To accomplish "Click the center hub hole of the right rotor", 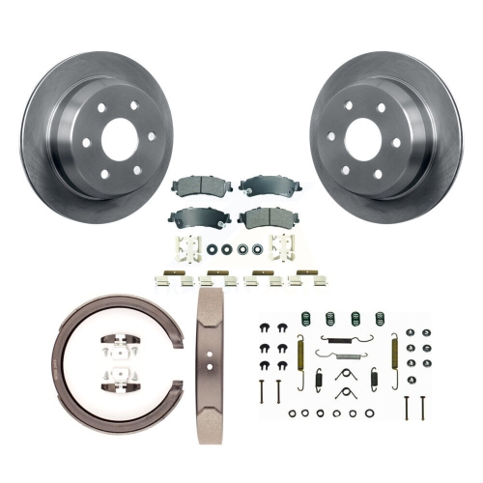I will pos(362,137).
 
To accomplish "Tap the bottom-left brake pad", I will pos(191,217).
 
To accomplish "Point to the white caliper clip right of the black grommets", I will pos(284,247).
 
